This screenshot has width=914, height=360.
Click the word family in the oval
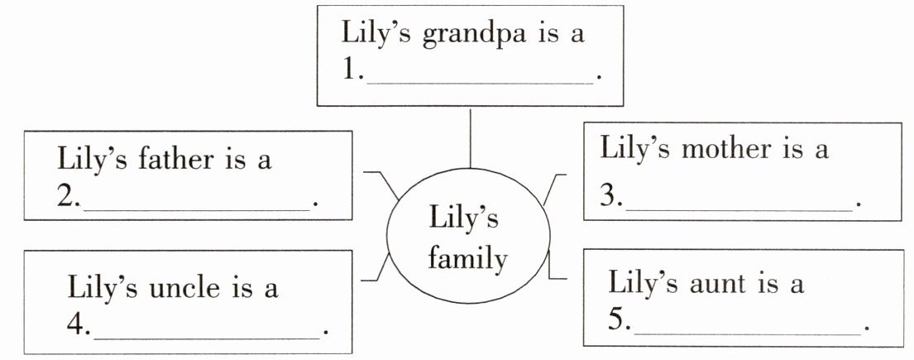467,259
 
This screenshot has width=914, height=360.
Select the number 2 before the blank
65,199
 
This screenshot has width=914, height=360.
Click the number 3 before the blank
609,199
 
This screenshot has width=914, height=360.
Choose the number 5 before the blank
617,322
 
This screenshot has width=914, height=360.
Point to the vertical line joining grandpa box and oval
470,137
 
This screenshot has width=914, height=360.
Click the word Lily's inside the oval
464,220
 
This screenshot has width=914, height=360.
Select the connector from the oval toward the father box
382,182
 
